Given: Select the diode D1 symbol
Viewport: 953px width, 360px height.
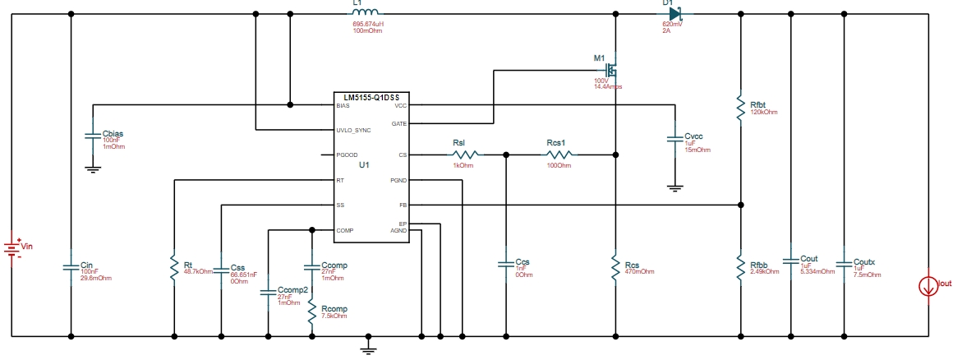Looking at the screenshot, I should point(675,13).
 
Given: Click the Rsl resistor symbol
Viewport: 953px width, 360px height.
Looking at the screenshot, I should point(466,155).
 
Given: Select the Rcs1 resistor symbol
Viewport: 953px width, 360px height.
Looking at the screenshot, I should point(559,155).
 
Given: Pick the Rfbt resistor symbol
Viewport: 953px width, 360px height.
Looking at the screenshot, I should point(741,105).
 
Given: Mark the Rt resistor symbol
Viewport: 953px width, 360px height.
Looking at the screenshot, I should point(174,267).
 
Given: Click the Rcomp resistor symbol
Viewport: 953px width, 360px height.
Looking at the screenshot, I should point(311,312).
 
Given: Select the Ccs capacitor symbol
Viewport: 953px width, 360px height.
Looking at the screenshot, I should point(505,264).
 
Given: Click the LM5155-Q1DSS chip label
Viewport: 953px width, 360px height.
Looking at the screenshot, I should point(368,96).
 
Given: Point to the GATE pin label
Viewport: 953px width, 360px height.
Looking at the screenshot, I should point(398,123).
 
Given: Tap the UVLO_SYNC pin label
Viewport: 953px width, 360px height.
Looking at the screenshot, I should point(353,131).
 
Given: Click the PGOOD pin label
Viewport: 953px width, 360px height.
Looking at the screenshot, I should point(348,155).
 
